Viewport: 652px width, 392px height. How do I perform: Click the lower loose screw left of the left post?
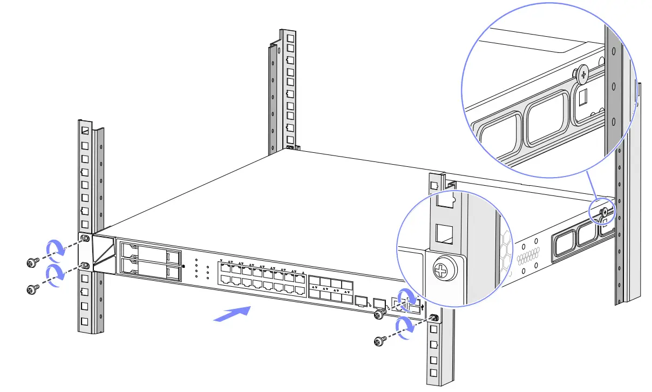click(32, 289)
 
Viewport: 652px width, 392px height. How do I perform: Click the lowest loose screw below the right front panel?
click(379, 341)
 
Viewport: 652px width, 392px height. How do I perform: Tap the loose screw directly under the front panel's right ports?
click(380, 314)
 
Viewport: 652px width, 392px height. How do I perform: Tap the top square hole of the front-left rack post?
click(84, 131)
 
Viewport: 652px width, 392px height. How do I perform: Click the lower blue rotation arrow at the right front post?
click(405, 327)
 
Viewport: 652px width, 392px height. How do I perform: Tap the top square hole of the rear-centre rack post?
click(290, 39)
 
